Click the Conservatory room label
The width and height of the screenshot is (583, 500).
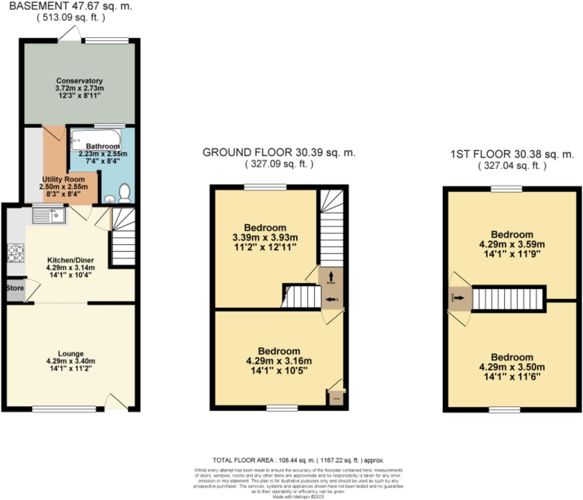[79, 81]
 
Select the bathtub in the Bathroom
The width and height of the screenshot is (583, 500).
[96, 139]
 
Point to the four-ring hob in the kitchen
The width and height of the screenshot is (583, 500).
[15, 253]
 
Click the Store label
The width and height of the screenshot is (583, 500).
[15, 288]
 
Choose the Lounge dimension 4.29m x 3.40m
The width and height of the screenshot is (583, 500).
[71, 361]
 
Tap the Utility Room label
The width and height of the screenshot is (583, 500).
[63, 179]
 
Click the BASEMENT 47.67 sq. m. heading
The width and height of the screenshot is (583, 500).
[71, 6]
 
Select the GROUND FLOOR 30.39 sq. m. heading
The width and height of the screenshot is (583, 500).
[279, 152]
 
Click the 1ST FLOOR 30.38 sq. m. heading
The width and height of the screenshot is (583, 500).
[512, 154]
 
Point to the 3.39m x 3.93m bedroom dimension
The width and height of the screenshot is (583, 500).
[265, 237]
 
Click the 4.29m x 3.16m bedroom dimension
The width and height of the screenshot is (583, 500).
[279, 361]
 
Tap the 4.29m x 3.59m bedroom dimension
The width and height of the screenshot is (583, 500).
[512, 244]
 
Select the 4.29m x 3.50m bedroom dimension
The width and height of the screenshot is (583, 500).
[512, 367]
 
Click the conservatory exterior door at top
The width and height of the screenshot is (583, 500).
[70, 33]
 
